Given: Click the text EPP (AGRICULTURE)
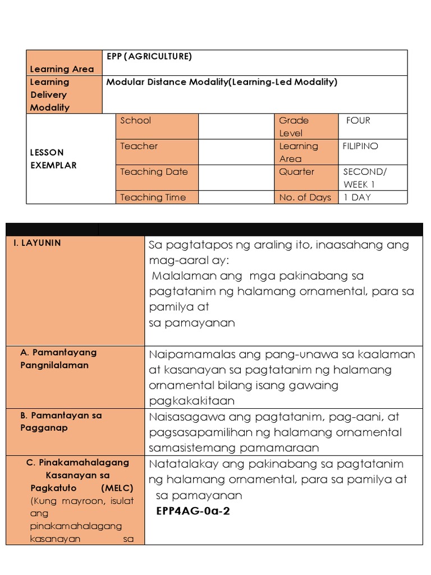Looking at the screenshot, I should (x=149, y=56).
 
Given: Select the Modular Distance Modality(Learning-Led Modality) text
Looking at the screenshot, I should (x=222, y=82).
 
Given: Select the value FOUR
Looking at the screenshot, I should (x=358, y=120).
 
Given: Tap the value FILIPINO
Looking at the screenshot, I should (x=360, y=146).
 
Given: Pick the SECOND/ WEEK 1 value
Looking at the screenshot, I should (x=365, y=178).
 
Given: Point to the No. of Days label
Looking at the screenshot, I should (x=305, y=197).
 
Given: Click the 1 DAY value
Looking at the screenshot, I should (x=357, y=197).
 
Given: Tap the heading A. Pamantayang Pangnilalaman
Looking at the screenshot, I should (x=58, y=358).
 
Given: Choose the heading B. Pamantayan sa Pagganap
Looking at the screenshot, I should (x=61, y=421).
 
